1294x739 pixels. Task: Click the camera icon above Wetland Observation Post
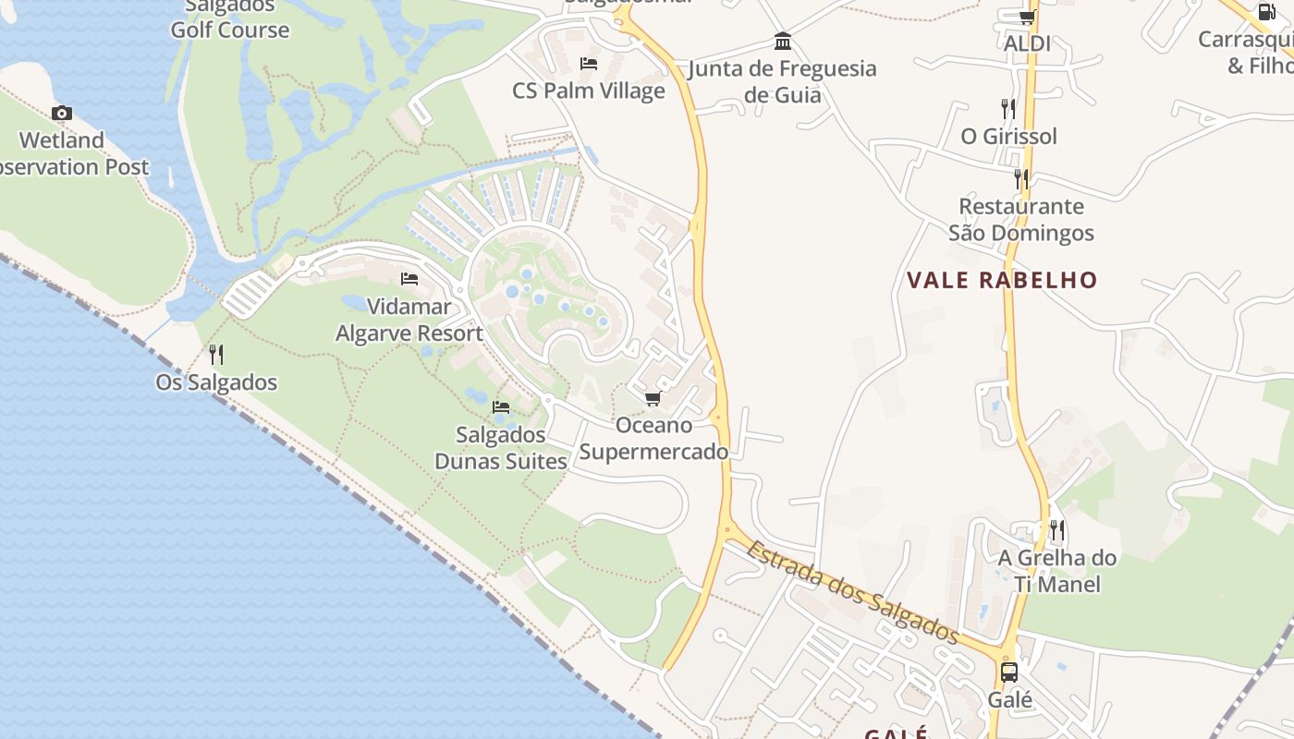coord(62,114)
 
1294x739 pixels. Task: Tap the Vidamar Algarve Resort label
coord(409,320)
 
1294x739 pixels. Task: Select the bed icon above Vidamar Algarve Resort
coord(409,278)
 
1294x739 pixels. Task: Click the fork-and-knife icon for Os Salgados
coord(216,354)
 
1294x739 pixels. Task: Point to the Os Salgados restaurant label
coord(216,382)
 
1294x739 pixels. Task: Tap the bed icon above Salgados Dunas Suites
coord(501,406)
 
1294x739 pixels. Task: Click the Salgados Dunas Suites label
coord(501,448)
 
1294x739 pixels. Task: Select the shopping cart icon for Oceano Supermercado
coord(653,398)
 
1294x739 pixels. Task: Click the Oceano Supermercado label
coord(653,439)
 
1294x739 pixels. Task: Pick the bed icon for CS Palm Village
coord(589,64)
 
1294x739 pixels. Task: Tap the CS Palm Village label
coord(589,91)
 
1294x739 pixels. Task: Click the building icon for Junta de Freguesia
coord(783,42)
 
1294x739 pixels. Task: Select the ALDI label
coord(1027,43)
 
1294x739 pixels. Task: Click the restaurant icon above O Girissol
coord(1008,109)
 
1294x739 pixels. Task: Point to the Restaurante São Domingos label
coord(1021,220)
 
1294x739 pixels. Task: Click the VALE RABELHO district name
coord(1002,281)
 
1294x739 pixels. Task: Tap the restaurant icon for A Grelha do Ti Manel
coord(1057,530)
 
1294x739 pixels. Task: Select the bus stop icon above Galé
coord(1009,672)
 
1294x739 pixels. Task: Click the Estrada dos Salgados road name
coord(852,592)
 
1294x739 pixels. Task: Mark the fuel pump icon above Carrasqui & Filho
coord(1265,12)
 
